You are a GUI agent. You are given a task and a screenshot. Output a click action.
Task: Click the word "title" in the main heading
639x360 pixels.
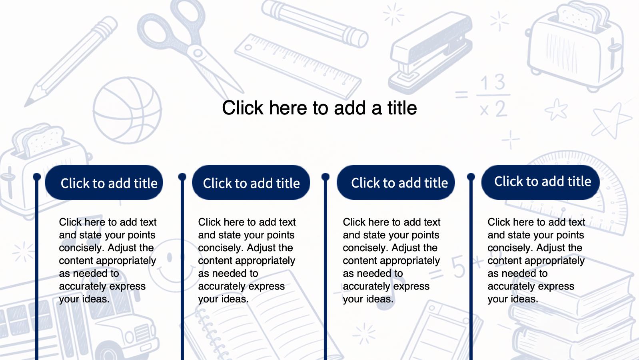pyautogui.click(x=402, y=108)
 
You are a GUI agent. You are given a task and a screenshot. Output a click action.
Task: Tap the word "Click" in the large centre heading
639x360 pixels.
pyautogui.click(x=242, y=108)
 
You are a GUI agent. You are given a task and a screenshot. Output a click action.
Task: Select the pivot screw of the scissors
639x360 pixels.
pyautogui.click(x=198, y=53)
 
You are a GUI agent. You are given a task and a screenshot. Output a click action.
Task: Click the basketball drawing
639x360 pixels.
pyautogui.click(x=127, y=110)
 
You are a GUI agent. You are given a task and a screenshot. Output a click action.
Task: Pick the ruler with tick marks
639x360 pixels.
pyautogui.click(x=298, y=66)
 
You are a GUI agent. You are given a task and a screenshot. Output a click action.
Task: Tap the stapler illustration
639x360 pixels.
pyautogui.click(x=431, y=53)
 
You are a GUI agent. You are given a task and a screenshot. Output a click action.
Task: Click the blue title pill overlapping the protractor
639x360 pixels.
pyautogui.click(x=540, y=182)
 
